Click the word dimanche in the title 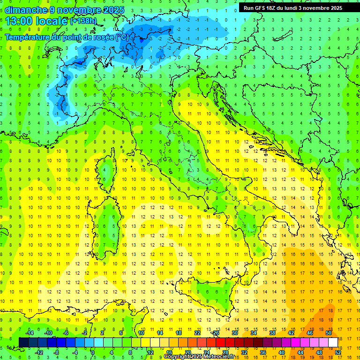(26, 10)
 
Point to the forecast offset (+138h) (83, 21)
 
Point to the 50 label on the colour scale (328, 333)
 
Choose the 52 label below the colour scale (337, 352)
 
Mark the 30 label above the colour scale (234, 333)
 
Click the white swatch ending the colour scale (333, 342)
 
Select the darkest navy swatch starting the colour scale (23, 342)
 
